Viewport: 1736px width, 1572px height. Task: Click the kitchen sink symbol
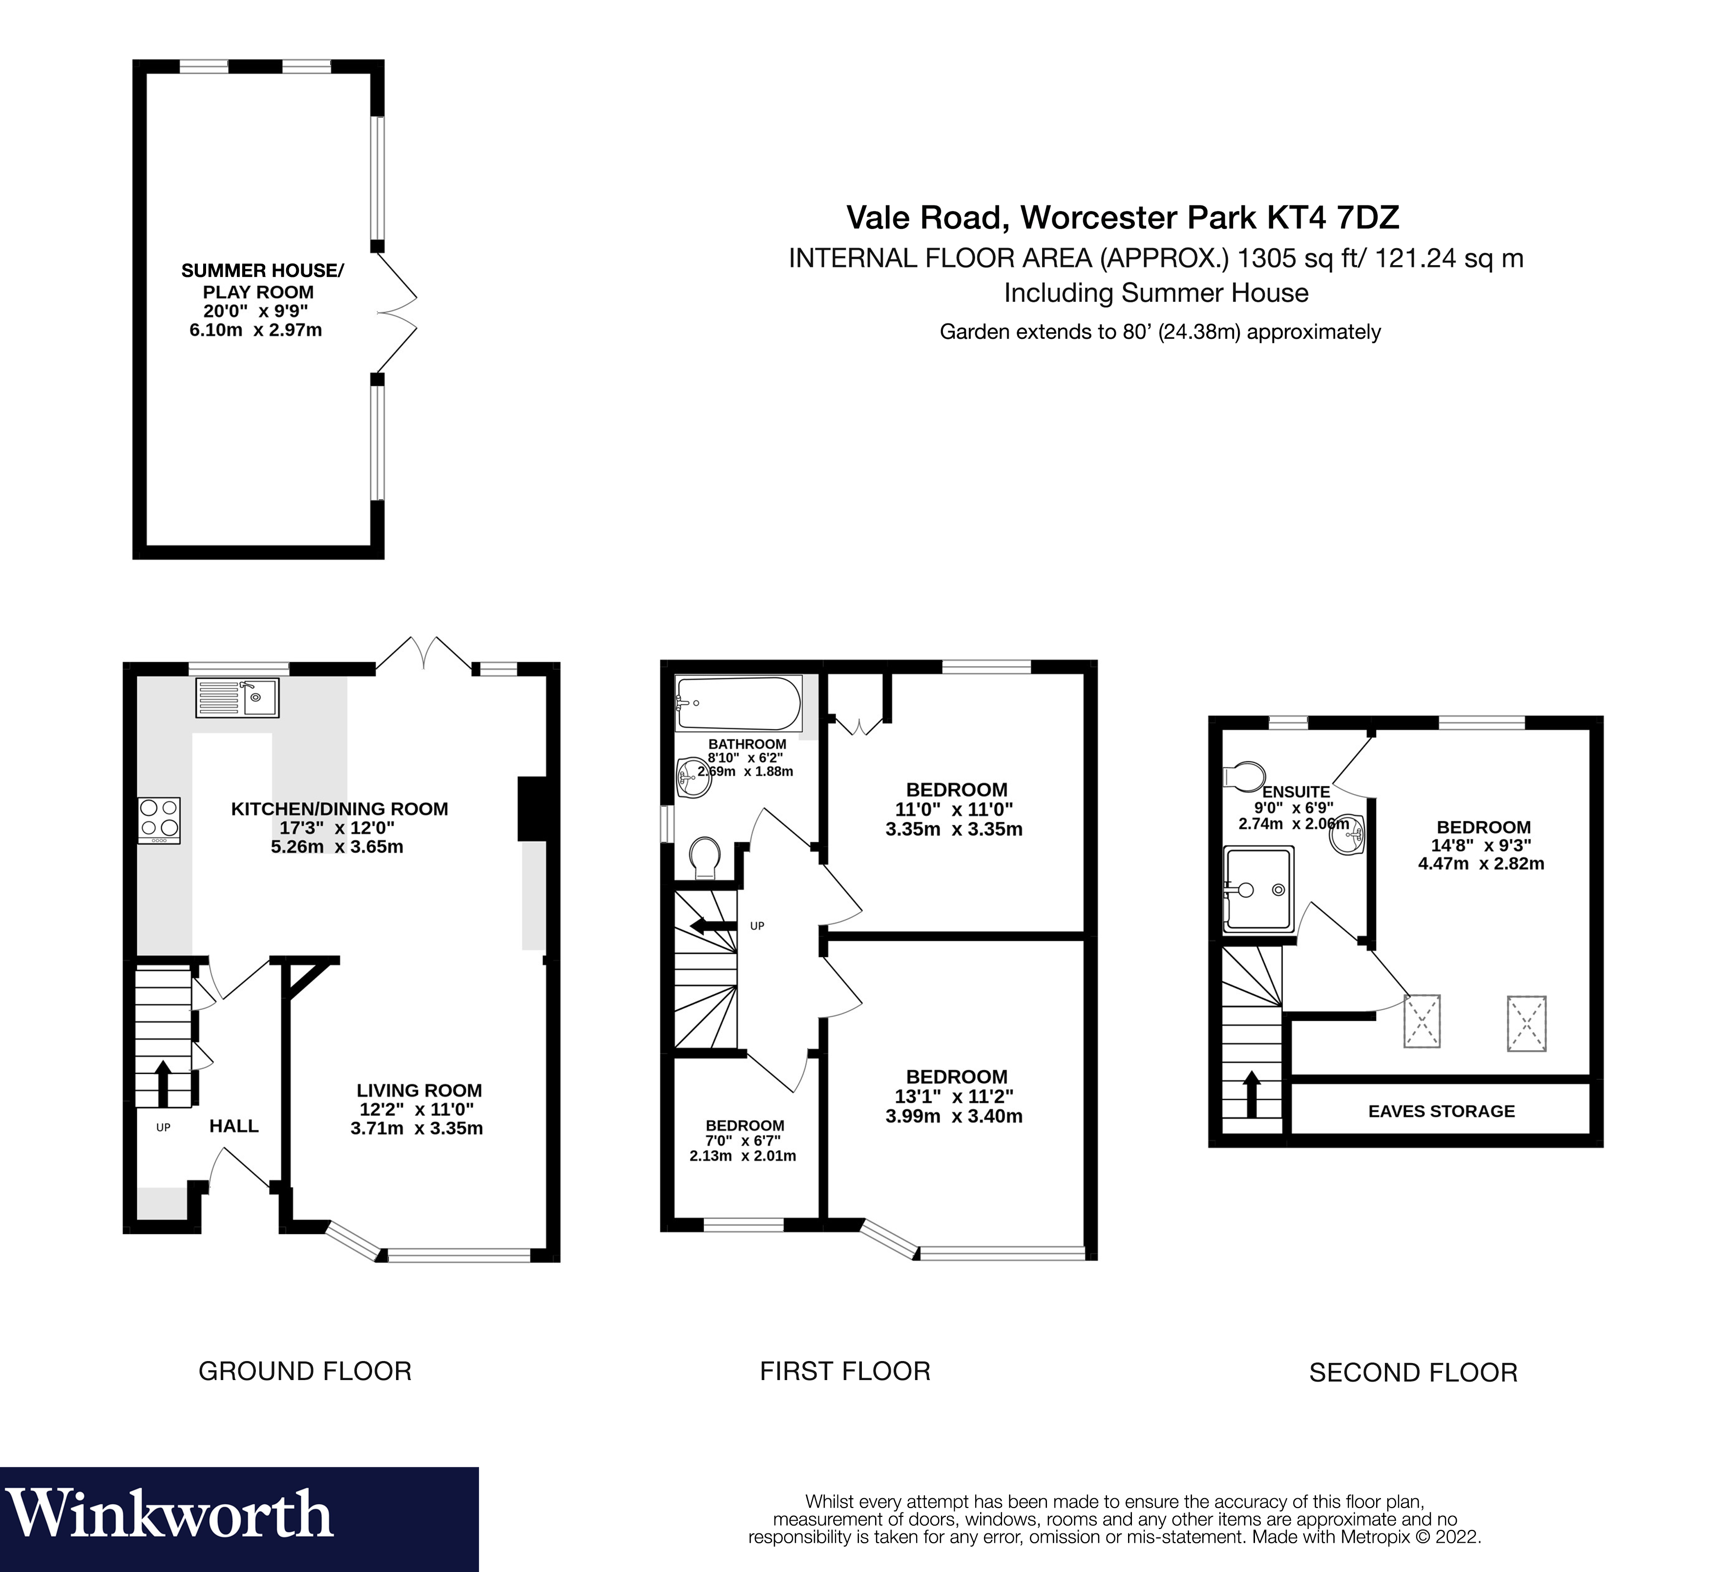[237, 698]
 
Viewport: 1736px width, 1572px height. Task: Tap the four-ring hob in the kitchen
[159, 820]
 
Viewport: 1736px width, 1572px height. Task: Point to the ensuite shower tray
[1258, 889]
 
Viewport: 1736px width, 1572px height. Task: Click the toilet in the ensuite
[1243, 775]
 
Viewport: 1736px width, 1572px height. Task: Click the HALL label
[233, 1126]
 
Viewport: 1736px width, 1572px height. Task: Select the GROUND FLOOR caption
[305, 1371]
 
